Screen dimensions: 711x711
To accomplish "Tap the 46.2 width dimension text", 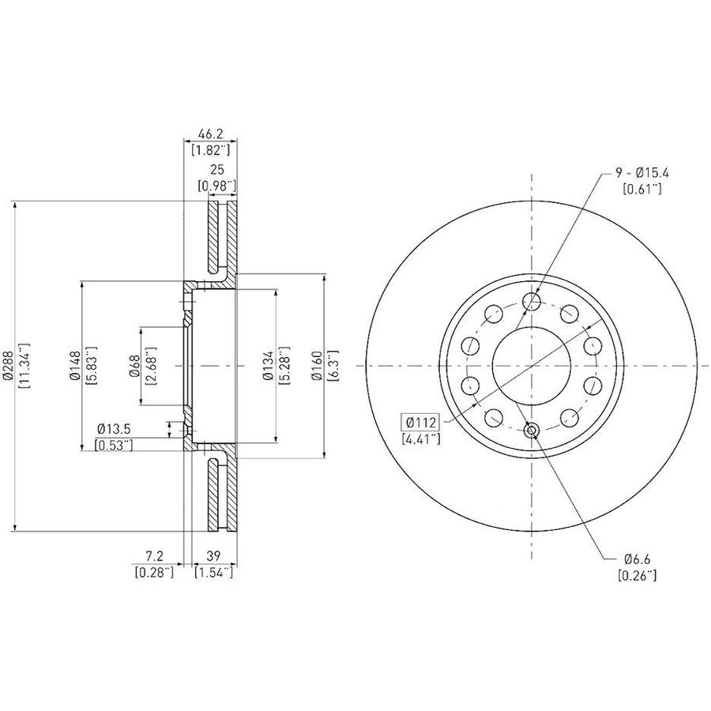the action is [211, 134].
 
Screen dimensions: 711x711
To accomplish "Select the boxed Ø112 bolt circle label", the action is [420, 423].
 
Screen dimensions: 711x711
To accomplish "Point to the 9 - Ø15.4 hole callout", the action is [641, 173].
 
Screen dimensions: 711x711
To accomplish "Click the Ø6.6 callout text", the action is [637, 559].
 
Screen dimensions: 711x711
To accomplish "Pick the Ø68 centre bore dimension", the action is [134, 366].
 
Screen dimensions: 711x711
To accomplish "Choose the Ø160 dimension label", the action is [318, 366].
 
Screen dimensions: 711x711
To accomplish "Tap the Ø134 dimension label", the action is [269, 366].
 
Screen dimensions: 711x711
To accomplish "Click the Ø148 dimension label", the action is [75, 366].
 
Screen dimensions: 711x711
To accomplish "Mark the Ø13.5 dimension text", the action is [113, 428].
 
